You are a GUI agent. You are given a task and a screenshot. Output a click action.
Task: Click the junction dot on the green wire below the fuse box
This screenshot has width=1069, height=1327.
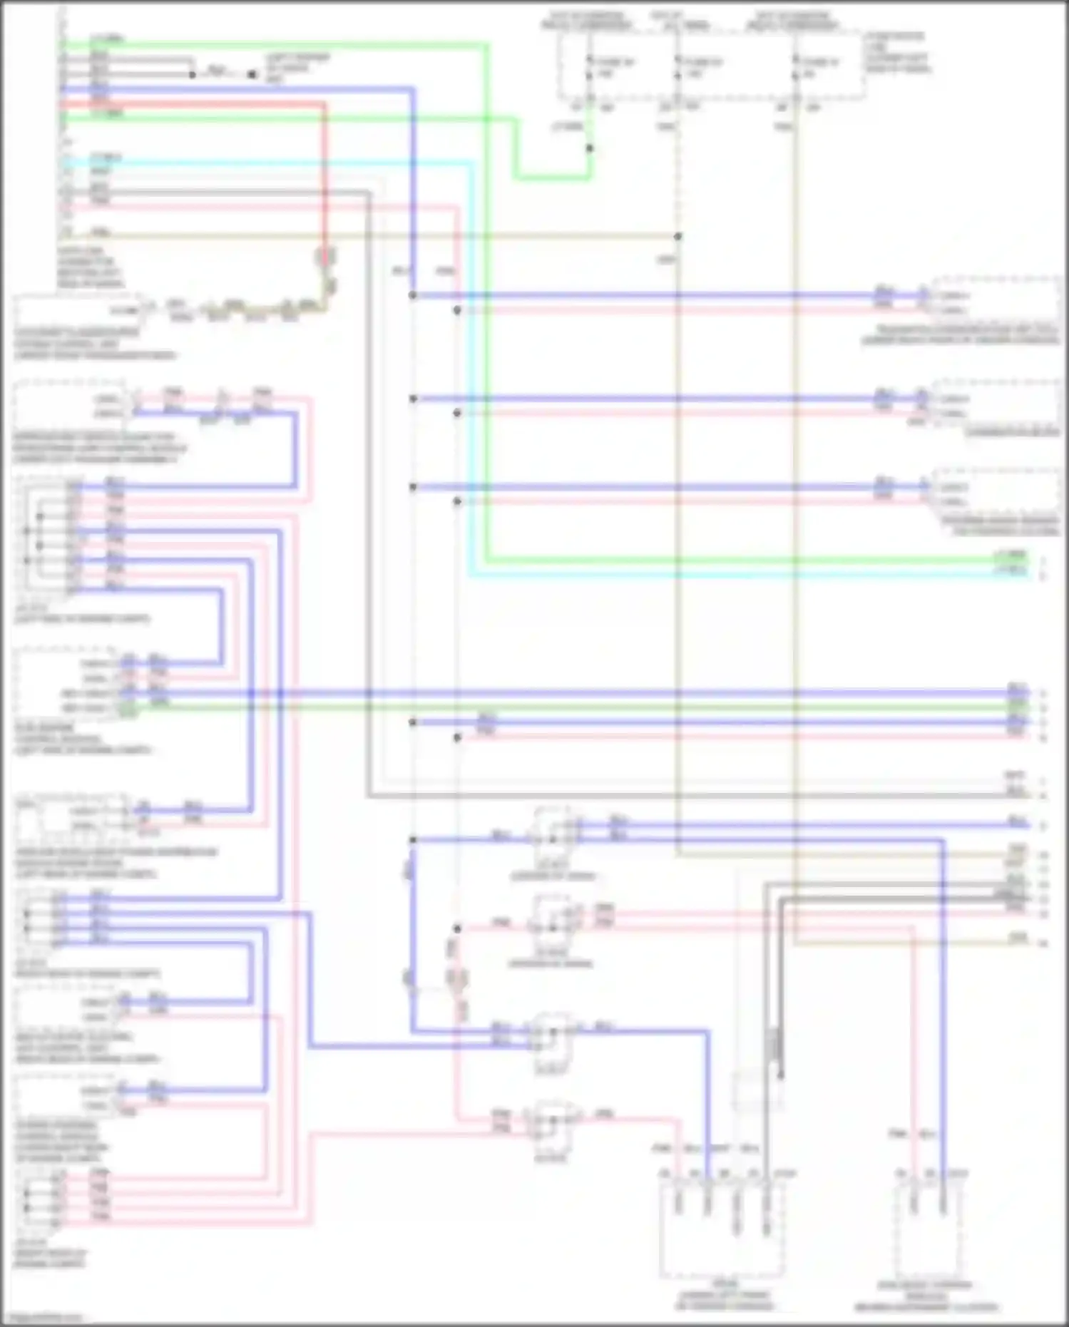click(x=590, y=148)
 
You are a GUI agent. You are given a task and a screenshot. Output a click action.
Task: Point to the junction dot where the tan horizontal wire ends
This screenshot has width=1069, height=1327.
click(x=678, y=236)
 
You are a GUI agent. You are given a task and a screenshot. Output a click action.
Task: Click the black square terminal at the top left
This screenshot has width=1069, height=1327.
click(x=252, y=73)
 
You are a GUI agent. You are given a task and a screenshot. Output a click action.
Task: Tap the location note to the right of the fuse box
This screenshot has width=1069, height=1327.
click(x=897, y=52)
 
